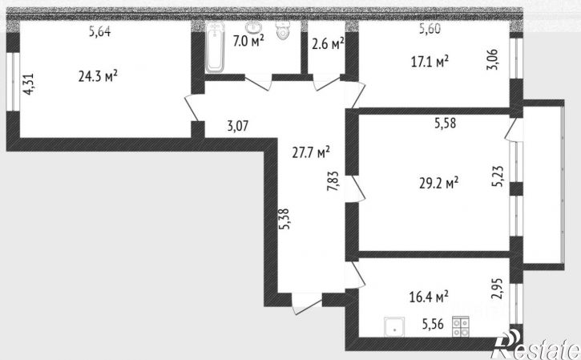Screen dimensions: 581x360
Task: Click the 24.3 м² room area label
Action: click(x=98, y=76)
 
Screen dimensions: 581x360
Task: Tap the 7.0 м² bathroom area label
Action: click(x=248, y=40)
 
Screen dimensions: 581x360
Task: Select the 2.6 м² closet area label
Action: click(x=328, y=44)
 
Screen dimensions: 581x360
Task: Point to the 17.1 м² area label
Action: click(x=430, y=61)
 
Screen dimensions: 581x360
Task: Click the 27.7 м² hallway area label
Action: click(x=311, y=152)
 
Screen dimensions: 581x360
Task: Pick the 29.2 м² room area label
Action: click(x=438, y=183)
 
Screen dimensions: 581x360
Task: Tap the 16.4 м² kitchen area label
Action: click(x=429, y=297)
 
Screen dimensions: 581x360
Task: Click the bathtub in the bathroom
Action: click(x=215, y=47)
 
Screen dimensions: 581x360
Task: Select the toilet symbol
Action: click(x=283, y=30)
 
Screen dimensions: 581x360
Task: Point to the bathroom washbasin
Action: click(x=253, y=27)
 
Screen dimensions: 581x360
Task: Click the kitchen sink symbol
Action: click(x=394, y=327)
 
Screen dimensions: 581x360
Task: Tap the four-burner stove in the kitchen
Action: click(x=461, y=327)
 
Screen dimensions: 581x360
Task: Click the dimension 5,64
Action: click(x=99, y=31)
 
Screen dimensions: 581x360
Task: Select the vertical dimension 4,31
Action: click(x=29, y=84)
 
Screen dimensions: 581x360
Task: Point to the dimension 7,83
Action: click(x=333, y=180)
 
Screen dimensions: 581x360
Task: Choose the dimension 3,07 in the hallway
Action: click(x=238, y=126)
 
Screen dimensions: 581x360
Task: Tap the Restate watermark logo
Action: click(x=535, y=346)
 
